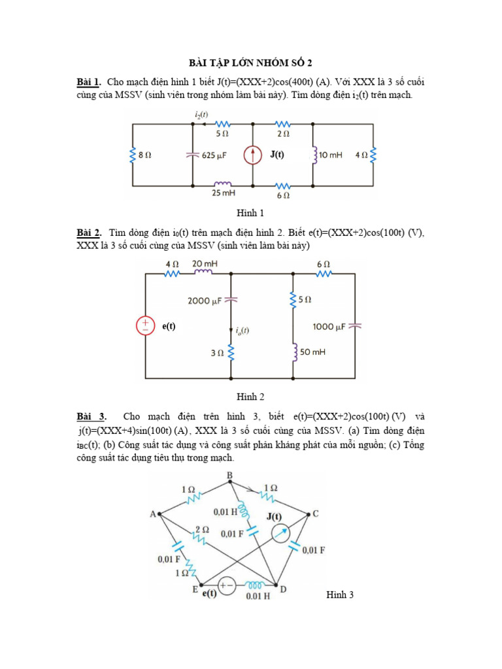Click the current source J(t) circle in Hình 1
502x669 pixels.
(254, 155)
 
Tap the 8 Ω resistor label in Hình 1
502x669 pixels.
(146, 155)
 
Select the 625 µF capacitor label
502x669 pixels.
(217, 155)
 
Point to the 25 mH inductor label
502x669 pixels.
(222, 193)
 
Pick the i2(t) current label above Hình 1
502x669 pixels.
(202, 114)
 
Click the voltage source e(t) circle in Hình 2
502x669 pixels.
(145, 326)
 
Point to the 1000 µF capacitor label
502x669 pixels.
(330, 326)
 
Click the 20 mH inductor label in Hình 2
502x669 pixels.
(205, 263)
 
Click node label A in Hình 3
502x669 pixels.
(153, 514)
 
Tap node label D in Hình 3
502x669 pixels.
(282, 589)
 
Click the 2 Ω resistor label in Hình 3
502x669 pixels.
(202, 529)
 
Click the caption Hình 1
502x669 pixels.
(250, 213)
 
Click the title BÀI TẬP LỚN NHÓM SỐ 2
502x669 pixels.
(251, 63)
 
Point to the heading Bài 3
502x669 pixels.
(91, 416)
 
